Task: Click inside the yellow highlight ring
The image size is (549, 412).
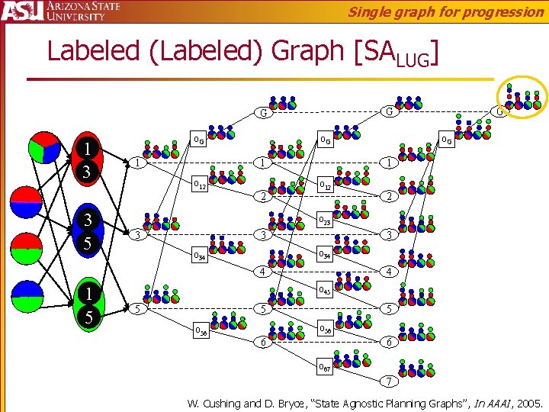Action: tap(522, 97)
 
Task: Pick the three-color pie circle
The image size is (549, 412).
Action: tap(43, 148)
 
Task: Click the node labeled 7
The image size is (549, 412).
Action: tap(387, 381)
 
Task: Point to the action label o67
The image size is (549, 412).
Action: tap(323, 367)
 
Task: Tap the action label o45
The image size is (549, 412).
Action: tap(323, 290)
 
